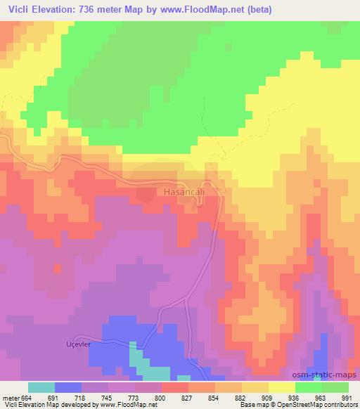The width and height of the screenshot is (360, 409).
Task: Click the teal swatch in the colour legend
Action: [x=41, y=387]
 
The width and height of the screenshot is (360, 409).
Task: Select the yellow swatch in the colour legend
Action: [x=282, y=387]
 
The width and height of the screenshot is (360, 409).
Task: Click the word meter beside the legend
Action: [x=10, y=397]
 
